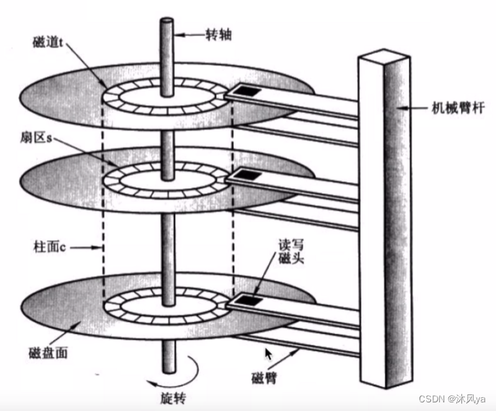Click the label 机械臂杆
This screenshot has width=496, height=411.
[453, 108]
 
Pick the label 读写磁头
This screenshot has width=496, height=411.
[297, 252]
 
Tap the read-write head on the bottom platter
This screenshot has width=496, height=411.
[249, 299]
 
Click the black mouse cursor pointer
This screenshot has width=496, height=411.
[270, 354]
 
